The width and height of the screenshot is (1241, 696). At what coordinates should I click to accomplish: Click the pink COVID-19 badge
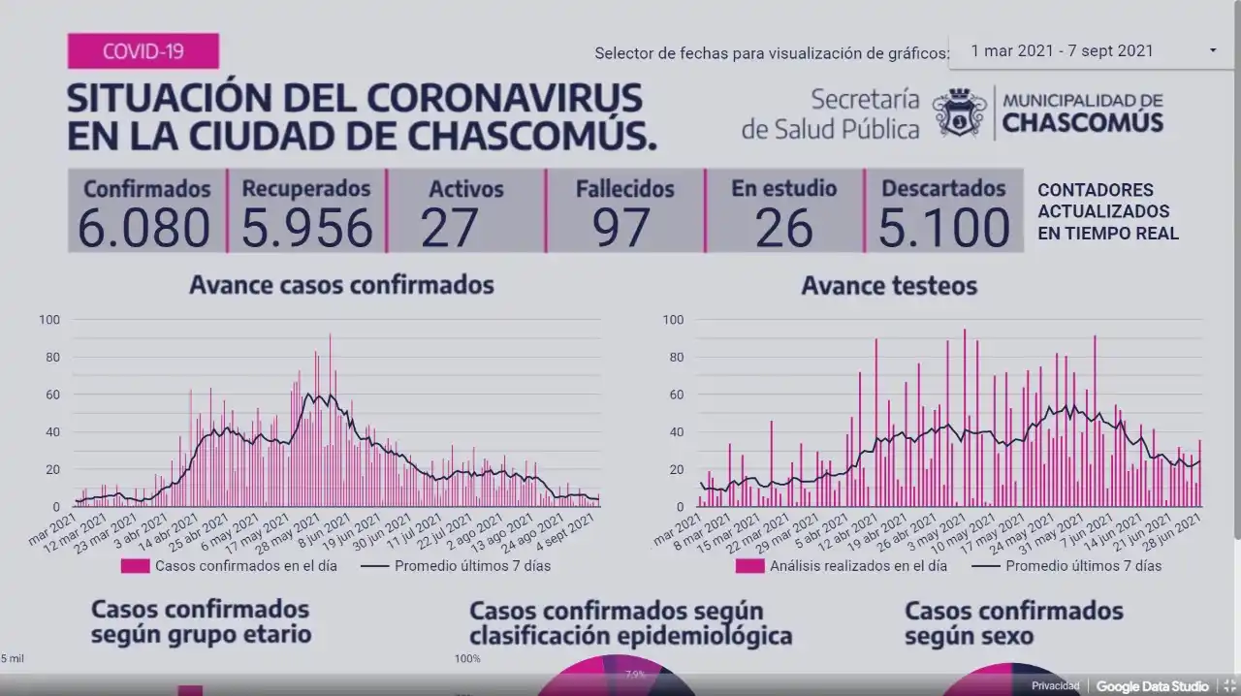point(143,50)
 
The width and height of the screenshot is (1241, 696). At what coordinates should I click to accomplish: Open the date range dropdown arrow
point(1213,50)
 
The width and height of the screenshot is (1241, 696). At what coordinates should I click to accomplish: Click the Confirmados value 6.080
point(143,228)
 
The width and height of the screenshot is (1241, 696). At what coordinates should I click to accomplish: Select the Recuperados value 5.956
point(306,228)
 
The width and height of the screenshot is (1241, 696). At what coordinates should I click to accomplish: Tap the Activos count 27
point(450,228)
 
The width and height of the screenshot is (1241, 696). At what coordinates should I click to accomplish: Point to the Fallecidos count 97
point(623,228)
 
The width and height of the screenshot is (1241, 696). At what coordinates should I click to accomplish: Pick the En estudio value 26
point(783,228)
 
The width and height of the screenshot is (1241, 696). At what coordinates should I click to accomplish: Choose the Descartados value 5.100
point(943,228)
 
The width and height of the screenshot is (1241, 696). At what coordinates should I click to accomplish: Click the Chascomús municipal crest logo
point(959,112)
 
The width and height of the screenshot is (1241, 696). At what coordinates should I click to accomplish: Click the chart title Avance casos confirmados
point(341,285)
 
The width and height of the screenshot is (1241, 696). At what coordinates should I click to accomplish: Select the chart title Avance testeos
point(889,286)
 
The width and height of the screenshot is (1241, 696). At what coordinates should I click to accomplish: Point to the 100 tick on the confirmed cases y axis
point(49,320)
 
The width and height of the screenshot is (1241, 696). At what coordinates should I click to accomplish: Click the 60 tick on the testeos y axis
point(673,395)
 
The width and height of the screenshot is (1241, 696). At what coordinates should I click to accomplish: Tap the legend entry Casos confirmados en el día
point(245,566)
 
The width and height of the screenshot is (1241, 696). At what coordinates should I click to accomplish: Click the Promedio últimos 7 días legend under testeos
point(1082,566)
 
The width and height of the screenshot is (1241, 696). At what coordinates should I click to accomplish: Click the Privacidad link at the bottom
point(1055,686)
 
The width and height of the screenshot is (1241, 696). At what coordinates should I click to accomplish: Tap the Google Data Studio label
point(1152,686)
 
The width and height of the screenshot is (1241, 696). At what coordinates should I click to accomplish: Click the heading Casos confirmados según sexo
point(1013,623)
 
